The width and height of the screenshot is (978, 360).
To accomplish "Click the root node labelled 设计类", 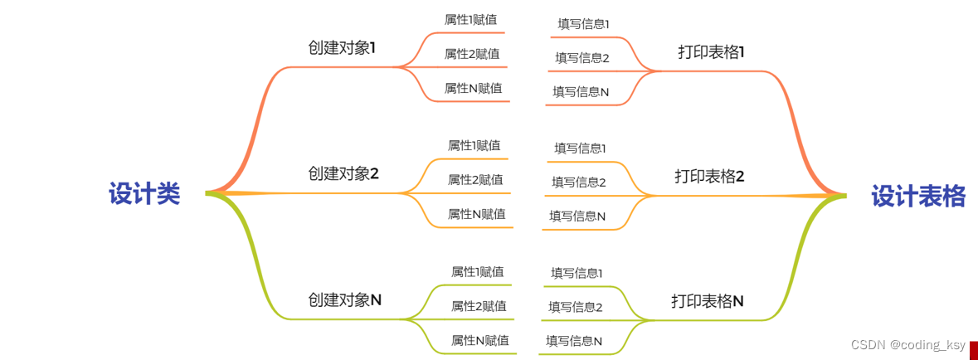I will click(x=144, y=194).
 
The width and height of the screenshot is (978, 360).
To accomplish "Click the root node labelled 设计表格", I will click(x=918, y=197).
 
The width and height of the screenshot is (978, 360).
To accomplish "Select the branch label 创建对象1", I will click(x=342, y=48).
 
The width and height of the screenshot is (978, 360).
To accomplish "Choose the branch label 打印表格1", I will click(x=711, y=52).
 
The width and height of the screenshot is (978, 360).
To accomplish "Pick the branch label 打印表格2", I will click(x=709, y=177).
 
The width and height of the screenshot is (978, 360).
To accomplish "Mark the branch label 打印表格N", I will click(x=708, y=301).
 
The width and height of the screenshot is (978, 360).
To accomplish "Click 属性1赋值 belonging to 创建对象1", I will click(x=471, y=20).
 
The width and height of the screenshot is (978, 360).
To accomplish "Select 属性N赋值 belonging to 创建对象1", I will click(x=473, y=88).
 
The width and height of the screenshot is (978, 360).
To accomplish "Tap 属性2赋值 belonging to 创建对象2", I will click(x=475, y=179).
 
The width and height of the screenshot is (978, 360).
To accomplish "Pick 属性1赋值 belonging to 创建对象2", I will click(x=474, y=145).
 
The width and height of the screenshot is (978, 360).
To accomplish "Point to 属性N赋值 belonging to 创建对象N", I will click(x=480, y=340).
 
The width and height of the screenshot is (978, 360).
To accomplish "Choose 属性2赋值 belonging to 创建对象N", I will click(x=479, y=306).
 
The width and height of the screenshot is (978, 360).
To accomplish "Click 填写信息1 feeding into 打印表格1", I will click(x=584, y=24).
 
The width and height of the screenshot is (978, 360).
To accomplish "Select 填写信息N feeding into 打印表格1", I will click(x=581, y=91).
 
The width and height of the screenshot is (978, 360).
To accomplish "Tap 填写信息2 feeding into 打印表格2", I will click(x=579, y=182).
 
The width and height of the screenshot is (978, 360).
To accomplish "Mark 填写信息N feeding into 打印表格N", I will click(x=574, y=340).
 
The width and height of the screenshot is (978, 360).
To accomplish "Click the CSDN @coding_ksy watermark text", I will click(x=908, y=344).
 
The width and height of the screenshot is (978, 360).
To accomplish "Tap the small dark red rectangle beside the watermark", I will click(x=974, y=350).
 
